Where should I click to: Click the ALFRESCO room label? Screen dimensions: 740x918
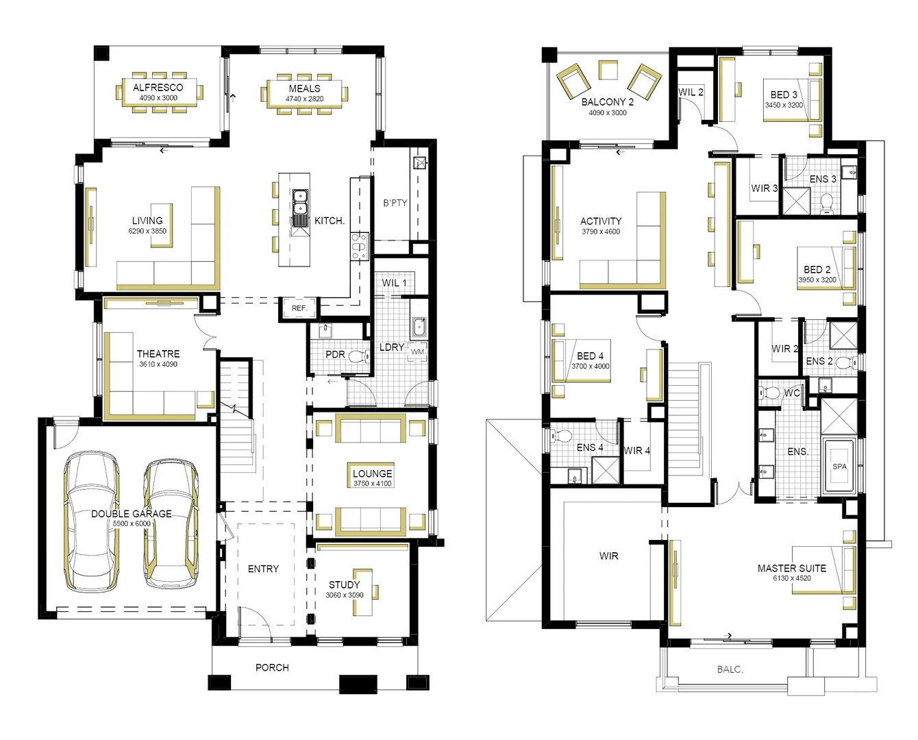click(158, 88)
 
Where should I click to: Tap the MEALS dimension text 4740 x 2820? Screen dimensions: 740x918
click(304, 99)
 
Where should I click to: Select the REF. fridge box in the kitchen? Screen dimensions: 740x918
click(299, 308)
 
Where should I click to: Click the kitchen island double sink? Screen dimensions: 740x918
click(300, 208)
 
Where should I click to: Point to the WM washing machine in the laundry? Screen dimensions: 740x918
click(417, 352)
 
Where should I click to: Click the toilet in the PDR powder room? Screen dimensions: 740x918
click(356, 356)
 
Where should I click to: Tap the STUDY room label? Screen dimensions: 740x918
click(344, 584)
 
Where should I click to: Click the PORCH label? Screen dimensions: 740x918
click(272, 667)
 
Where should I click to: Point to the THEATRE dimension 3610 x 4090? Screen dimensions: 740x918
click(158, 365)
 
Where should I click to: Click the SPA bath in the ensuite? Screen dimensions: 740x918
click(839, 466)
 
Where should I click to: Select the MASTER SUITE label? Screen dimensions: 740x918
click(791, 568)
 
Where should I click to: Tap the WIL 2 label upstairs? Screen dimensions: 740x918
click(691, 92)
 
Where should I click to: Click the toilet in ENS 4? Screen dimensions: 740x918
click(564, 436)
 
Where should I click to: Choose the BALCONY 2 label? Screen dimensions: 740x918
click(607, 102)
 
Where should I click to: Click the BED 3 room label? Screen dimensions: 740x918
click(784, 95)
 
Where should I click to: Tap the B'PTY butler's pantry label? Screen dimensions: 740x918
click(395, 203)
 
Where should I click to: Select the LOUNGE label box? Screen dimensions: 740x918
click(373, 473)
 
